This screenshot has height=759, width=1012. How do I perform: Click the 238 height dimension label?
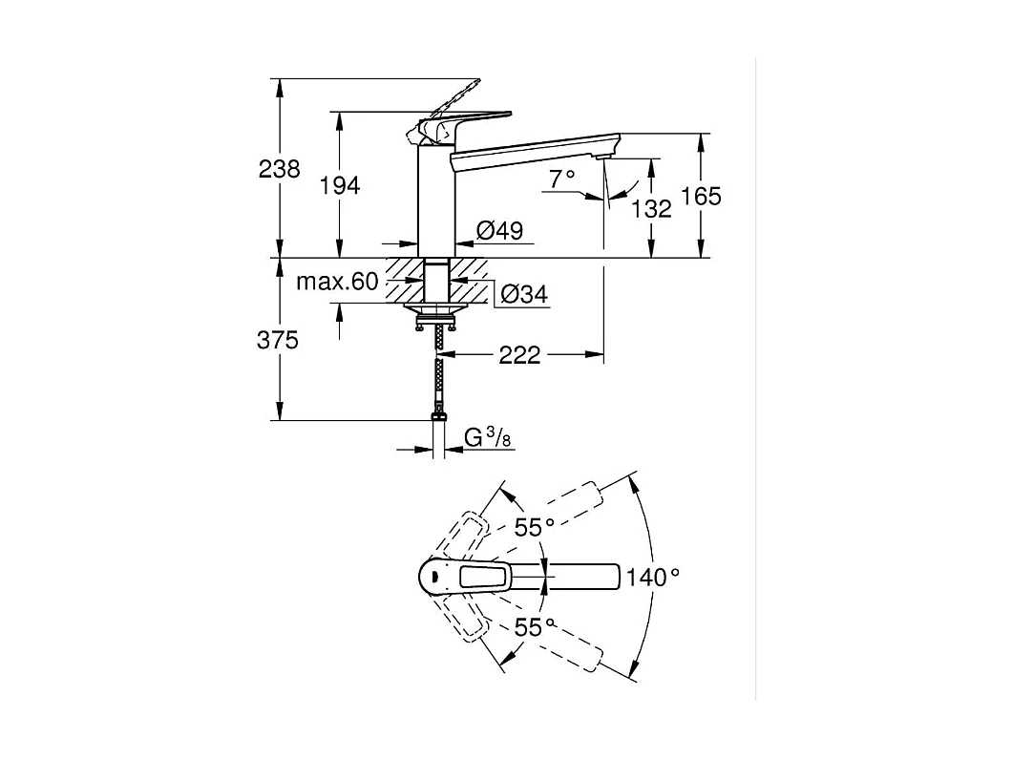click(279, 170)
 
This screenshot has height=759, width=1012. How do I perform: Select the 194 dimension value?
click(340, 186)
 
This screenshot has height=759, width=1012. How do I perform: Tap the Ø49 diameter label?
click(498, 230)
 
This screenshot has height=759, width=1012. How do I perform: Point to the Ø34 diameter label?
click(523, 295)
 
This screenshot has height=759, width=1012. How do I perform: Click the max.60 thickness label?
click(337, 282)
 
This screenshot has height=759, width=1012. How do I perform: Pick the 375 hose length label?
click(279, 340)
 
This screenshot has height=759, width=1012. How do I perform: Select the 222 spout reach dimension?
click(519, 356)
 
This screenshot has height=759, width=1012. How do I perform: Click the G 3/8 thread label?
click(487, 438)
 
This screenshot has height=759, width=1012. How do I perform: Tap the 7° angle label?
click(562, 177)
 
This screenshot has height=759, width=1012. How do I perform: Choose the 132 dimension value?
click(652, 208)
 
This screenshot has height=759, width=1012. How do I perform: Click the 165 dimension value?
click(702, 197)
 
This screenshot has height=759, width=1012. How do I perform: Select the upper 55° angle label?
click(535, 527)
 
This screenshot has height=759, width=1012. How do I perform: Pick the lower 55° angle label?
click(535, 627)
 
